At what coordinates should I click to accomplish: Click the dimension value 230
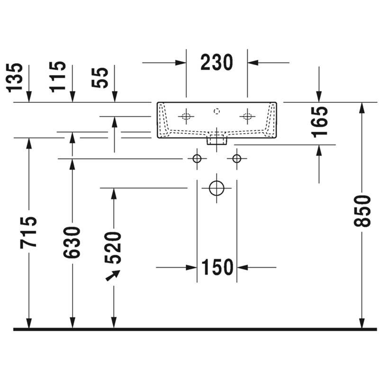pyautogui.click(x=217, y=63)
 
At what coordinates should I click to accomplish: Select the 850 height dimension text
pyautogui.click(x=362, y=211)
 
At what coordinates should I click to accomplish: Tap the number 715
pyautogui.click(x=28, y=233)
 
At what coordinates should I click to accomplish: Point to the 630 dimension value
pyautogui.click(x=72, y=242)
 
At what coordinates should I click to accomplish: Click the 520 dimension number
pyautogui.click(x=113, y=247)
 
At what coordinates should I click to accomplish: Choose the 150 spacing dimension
pyautogui.click(x=217, y=267)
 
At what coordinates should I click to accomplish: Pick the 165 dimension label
pyautogui.click(x=319, y=122)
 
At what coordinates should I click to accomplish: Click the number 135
pyautogui.click(x=14, y=78)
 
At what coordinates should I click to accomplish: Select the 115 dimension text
pyautogui.click(x=57, y=77)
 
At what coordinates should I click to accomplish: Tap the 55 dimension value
pyautogui.click(x=99, y=78)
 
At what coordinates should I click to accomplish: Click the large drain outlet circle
pyautogui.click(x=217, y=188)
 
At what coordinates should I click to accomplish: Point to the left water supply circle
pyautogui.click(x=197, y=159)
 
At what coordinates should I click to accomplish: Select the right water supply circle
pyautogui.click(x=236, y=159)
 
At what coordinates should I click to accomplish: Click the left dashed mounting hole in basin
pyautogui.click(x=186, y=117)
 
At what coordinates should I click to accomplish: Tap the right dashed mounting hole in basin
pyautogui.click(x=247, y=117)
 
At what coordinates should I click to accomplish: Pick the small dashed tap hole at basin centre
pyautogui.click(x=217, y=111)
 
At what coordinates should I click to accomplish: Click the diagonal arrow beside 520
pyautogui.click(x=113, y=275)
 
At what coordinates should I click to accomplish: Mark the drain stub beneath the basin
pyautogui.click(x=217, y=141)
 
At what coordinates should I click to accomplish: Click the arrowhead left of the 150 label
pyautogui.click(x=191, y=267)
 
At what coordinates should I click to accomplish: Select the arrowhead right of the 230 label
pyautogui.click(x=253, y=63)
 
